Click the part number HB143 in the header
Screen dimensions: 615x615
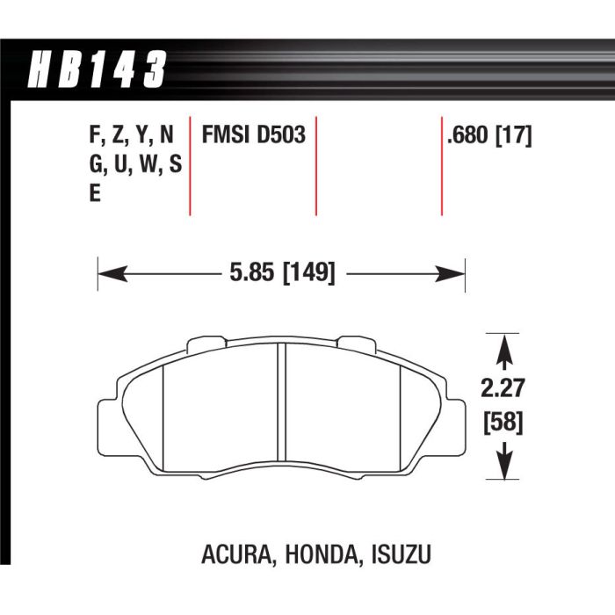point(97,69)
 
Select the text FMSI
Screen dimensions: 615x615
point(226,134)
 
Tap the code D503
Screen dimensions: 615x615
point(281,134)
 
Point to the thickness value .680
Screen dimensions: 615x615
point(467,135)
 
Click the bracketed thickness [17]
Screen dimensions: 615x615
point(514,135)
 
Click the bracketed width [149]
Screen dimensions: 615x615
point(309,272)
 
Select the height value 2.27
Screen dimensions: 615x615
point(503,388)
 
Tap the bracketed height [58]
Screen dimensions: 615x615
point(503,423)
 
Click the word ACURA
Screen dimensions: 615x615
point(236,554)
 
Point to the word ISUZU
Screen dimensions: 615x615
point(401,554)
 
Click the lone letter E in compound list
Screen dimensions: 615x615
point(95,193)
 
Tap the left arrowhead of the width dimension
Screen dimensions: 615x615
point(112,273)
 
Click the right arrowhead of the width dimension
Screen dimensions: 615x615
point(450,273)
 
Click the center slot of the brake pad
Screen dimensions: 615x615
point(282,402)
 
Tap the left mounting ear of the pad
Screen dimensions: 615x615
point(108,428)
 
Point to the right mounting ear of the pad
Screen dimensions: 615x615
point(455,428)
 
